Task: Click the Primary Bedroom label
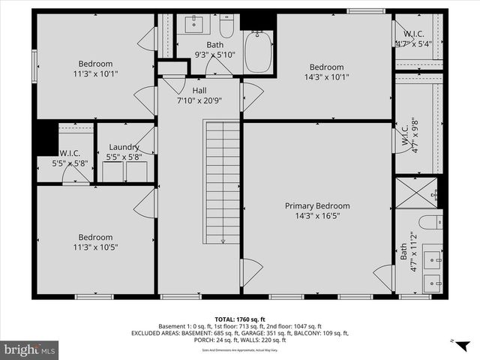[x=316, y=205]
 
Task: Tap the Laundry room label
[x=124, y=147]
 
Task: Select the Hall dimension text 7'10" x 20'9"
[x=199, y=100]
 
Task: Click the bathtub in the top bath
[x=260, y=46]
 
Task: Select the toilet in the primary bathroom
[x=430, y=221]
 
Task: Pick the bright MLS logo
[x=31, y=349]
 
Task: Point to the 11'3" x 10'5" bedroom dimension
[x=95, y=247]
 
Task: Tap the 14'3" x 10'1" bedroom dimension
[x=326, y=76]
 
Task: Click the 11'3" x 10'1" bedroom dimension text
[x=95, y=73]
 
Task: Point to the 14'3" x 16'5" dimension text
[x=316, y=215]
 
